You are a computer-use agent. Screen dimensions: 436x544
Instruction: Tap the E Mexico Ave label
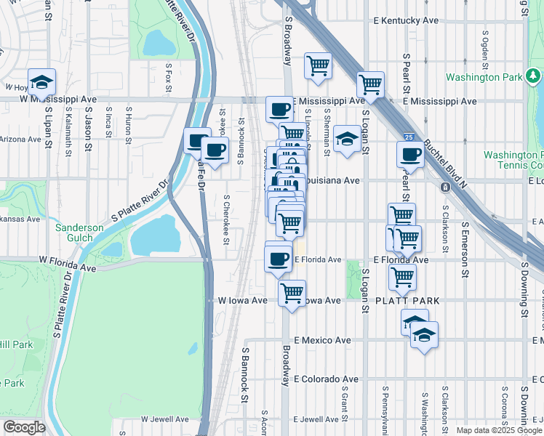click(322, 340)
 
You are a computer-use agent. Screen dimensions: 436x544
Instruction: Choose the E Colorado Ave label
click(327, 379)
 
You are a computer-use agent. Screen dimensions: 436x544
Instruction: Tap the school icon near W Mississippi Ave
click(42, 80)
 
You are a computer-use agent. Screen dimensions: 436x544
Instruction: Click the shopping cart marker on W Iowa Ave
click(292, 293)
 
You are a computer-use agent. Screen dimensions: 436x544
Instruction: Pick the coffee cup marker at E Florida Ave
click(278, 259)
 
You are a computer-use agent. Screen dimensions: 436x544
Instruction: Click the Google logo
click(24, 427)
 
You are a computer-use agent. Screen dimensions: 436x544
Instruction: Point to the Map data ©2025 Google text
click(498, 430)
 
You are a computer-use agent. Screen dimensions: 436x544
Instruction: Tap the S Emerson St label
click(463, 240)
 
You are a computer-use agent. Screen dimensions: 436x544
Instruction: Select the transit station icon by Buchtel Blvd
click(445, 186)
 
